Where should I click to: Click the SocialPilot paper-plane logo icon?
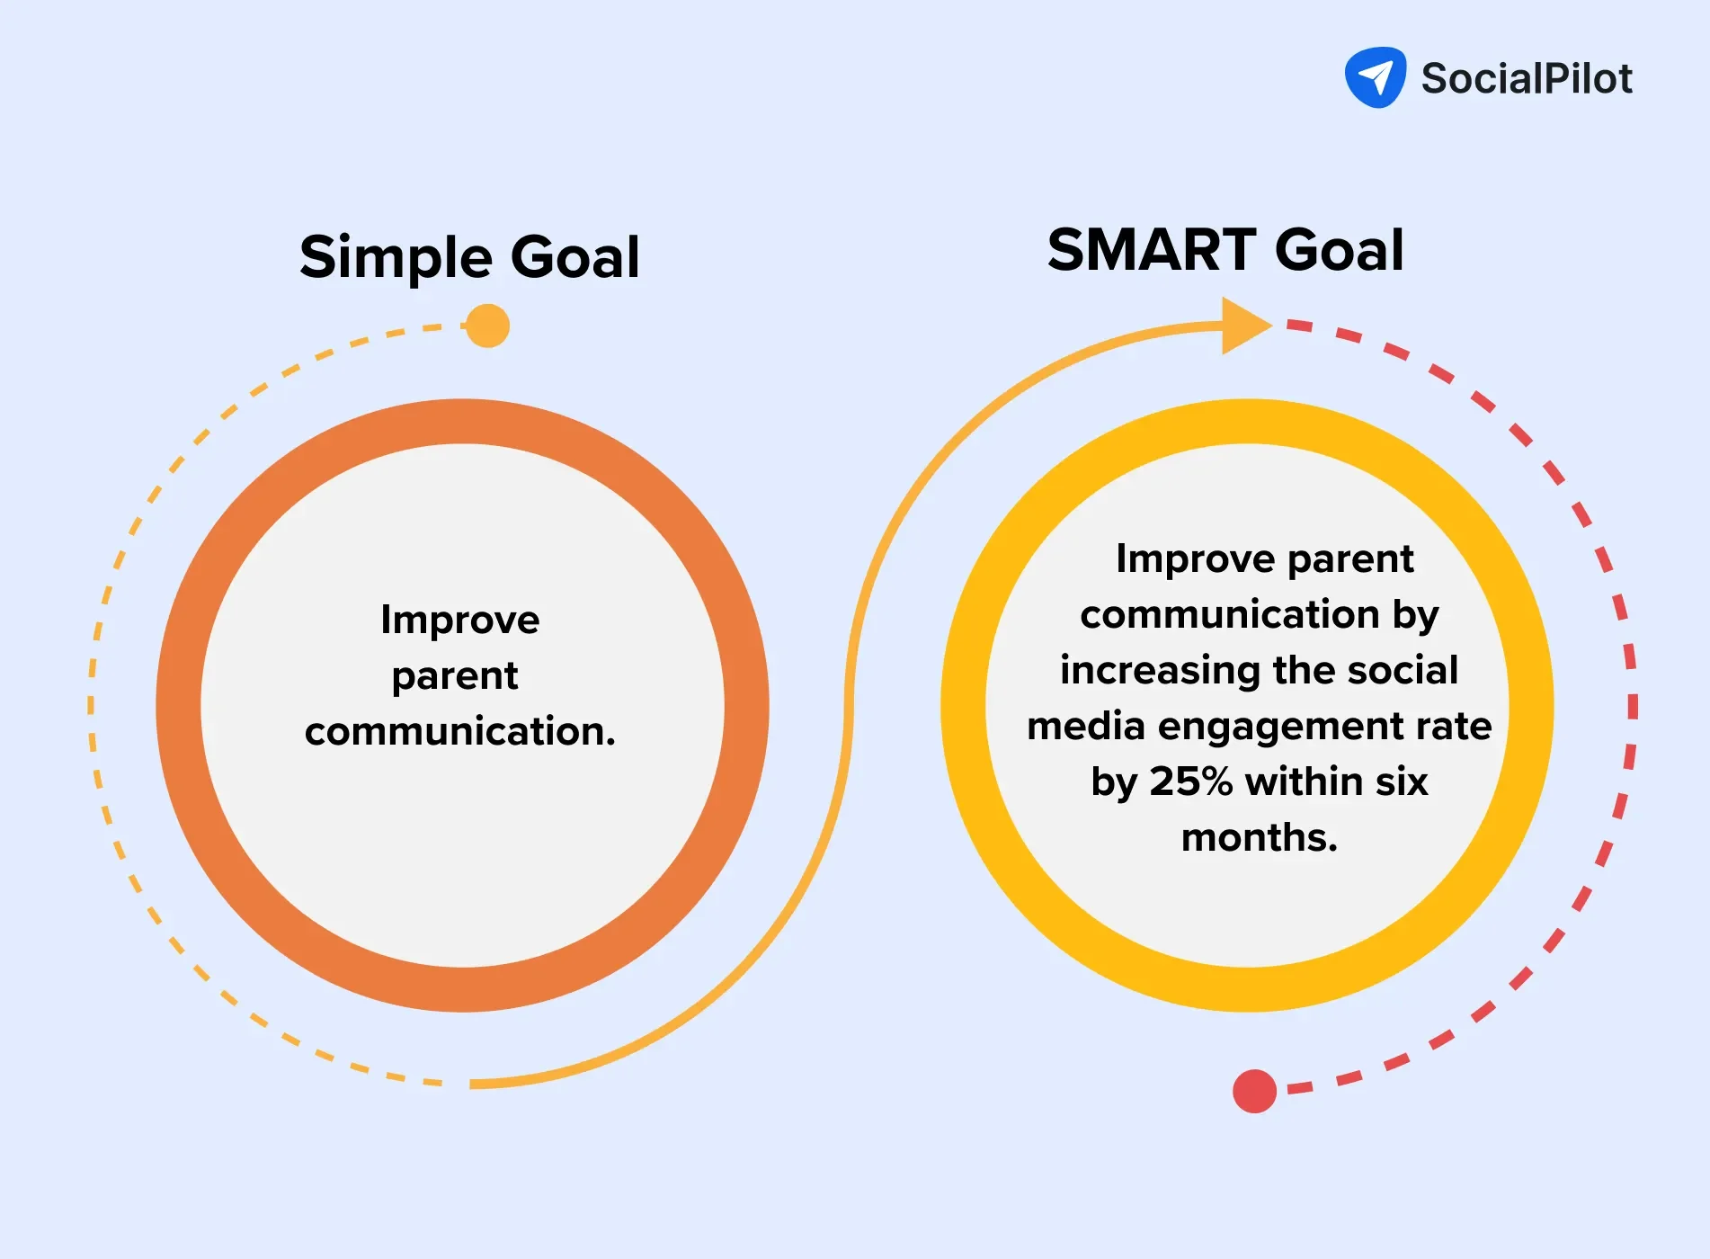click(x=1375, y=77)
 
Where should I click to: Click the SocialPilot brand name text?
click(x=1526, y=79)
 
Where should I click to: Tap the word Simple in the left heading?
click(x=396, y=258)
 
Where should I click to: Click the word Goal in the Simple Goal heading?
click(x=574, y=258)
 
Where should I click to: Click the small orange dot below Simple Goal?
click(x=488, y=326)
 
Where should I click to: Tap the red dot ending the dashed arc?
click(x=1254, y=1091)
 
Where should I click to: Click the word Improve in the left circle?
click(x=459, y=621)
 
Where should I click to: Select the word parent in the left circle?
click(x=454, y=676)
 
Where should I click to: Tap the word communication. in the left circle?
click(x=459, y=731)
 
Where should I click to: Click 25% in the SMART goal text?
click(x=1190, y=781)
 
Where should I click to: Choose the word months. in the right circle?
click(x=1259, y=837)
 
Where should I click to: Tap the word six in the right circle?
click(x=1403, y=781)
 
